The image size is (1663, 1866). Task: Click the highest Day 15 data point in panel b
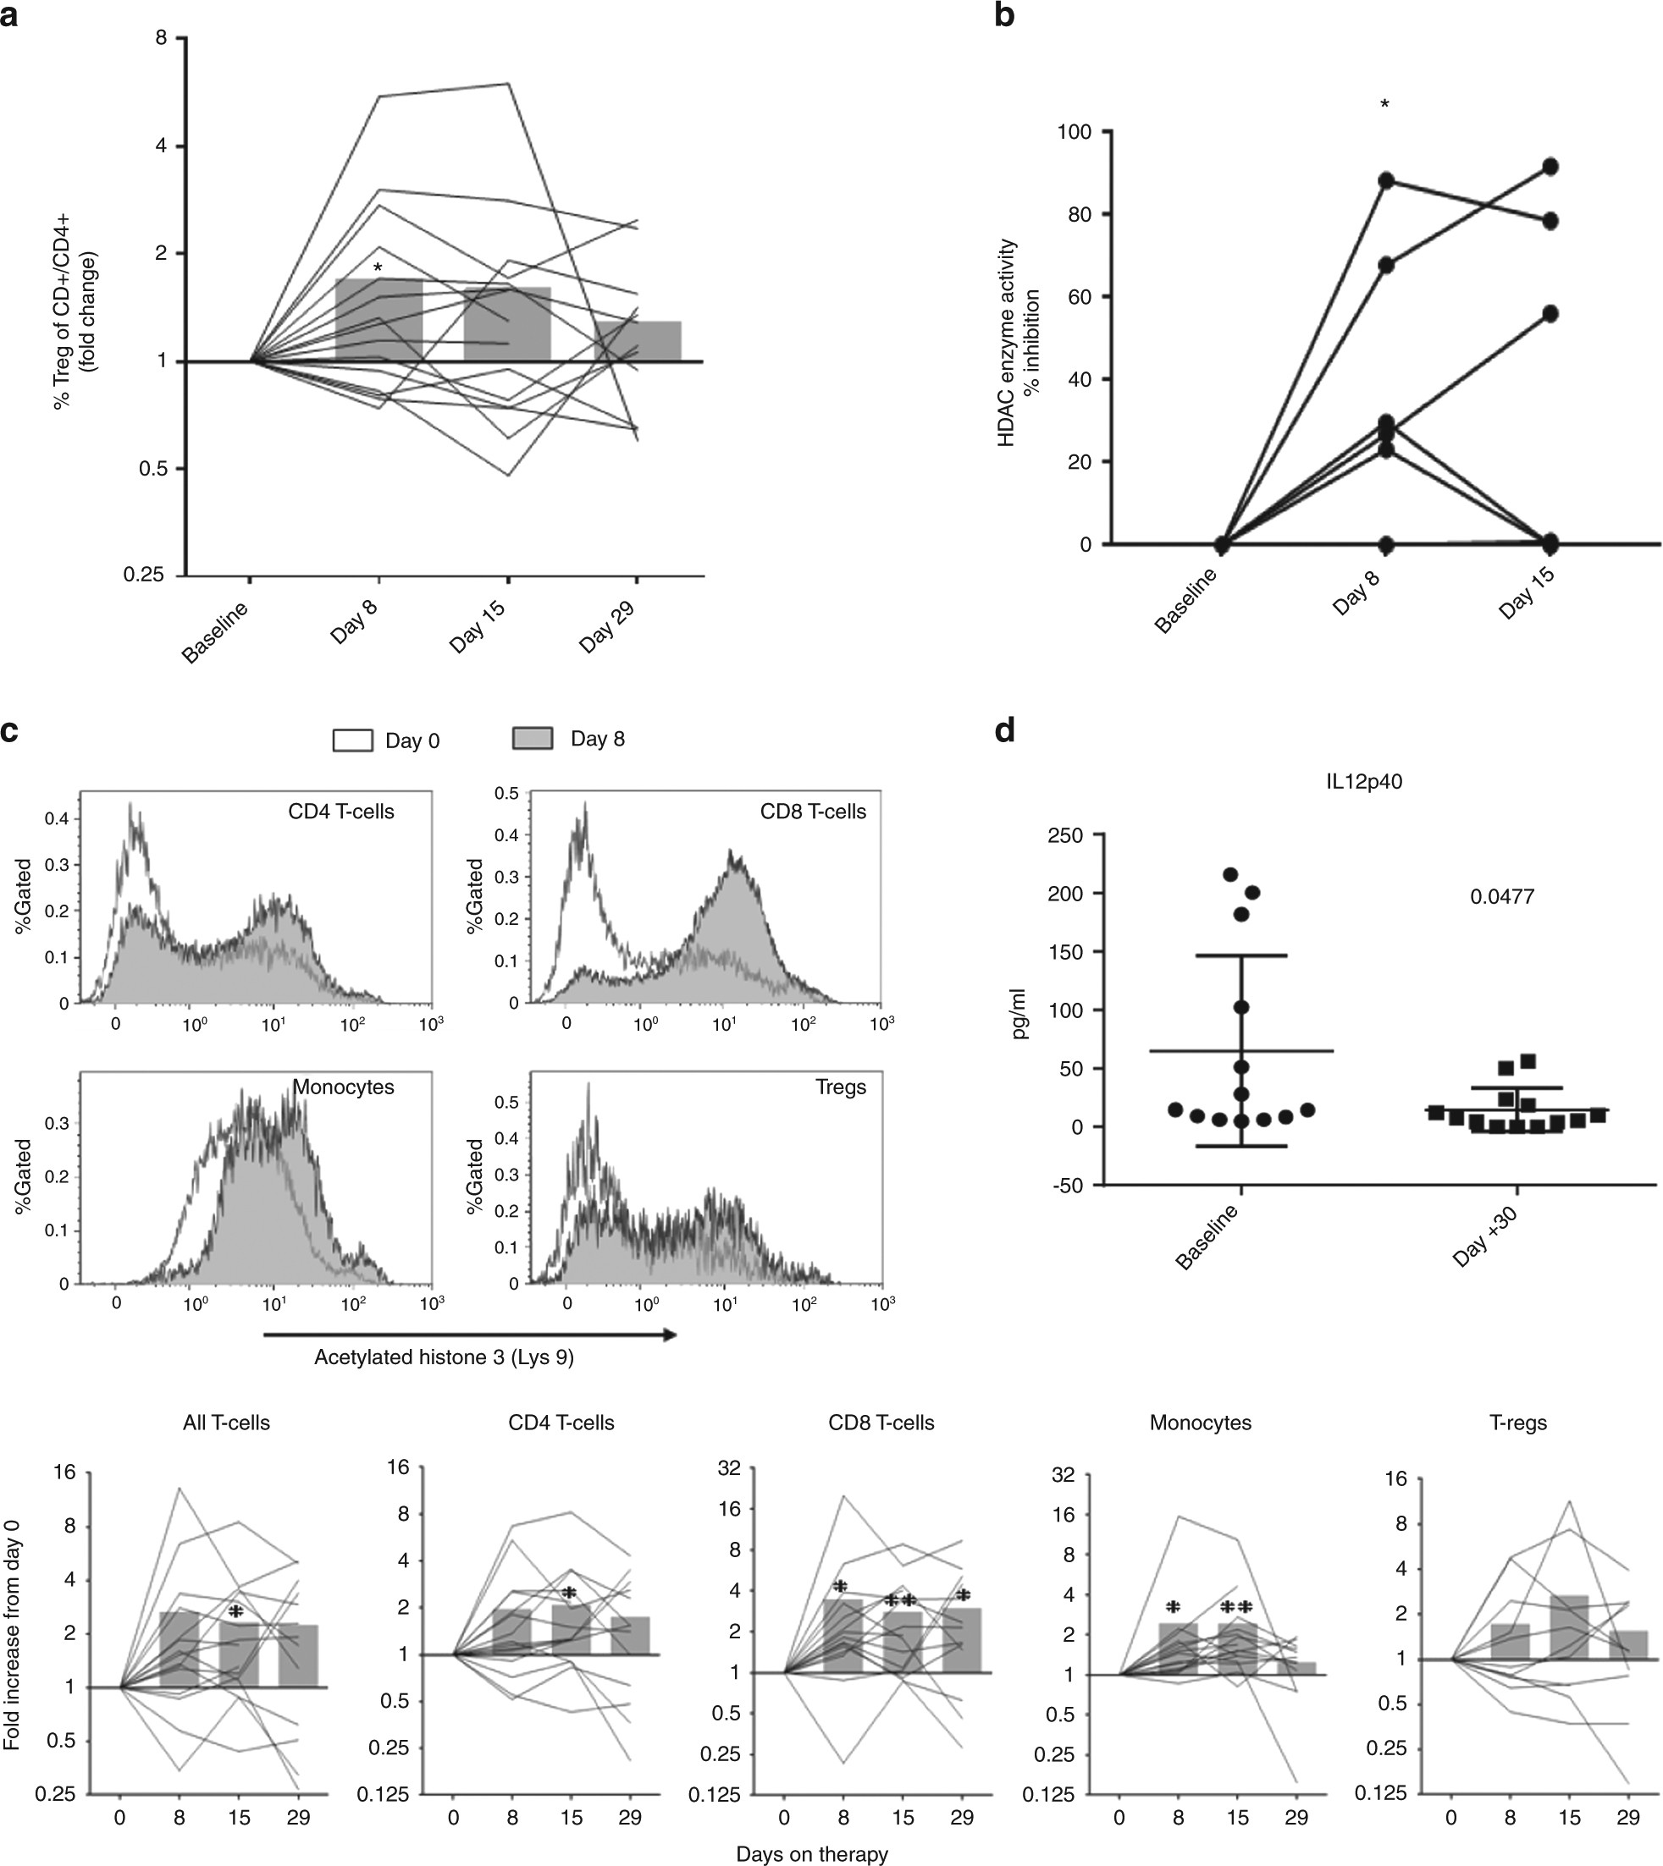coord(1550,166)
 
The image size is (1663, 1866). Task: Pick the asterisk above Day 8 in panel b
coord(1385,106)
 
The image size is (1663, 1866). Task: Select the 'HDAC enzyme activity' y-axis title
coord(1007,343)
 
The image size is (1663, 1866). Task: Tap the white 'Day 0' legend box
coord(353,740)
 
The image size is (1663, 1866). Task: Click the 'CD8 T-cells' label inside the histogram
coord(812,812)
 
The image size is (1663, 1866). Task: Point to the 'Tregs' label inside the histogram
coord(841,1087)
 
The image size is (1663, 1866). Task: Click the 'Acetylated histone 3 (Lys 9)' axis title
coord(444,1357)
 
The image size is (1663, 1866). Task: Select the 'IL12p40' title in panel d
coord(1364,782)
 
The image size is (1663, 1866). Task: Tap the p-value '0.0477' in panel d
coord(1501,896)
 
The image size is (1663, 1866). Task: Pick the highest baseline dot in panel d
coord(1231,875)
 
